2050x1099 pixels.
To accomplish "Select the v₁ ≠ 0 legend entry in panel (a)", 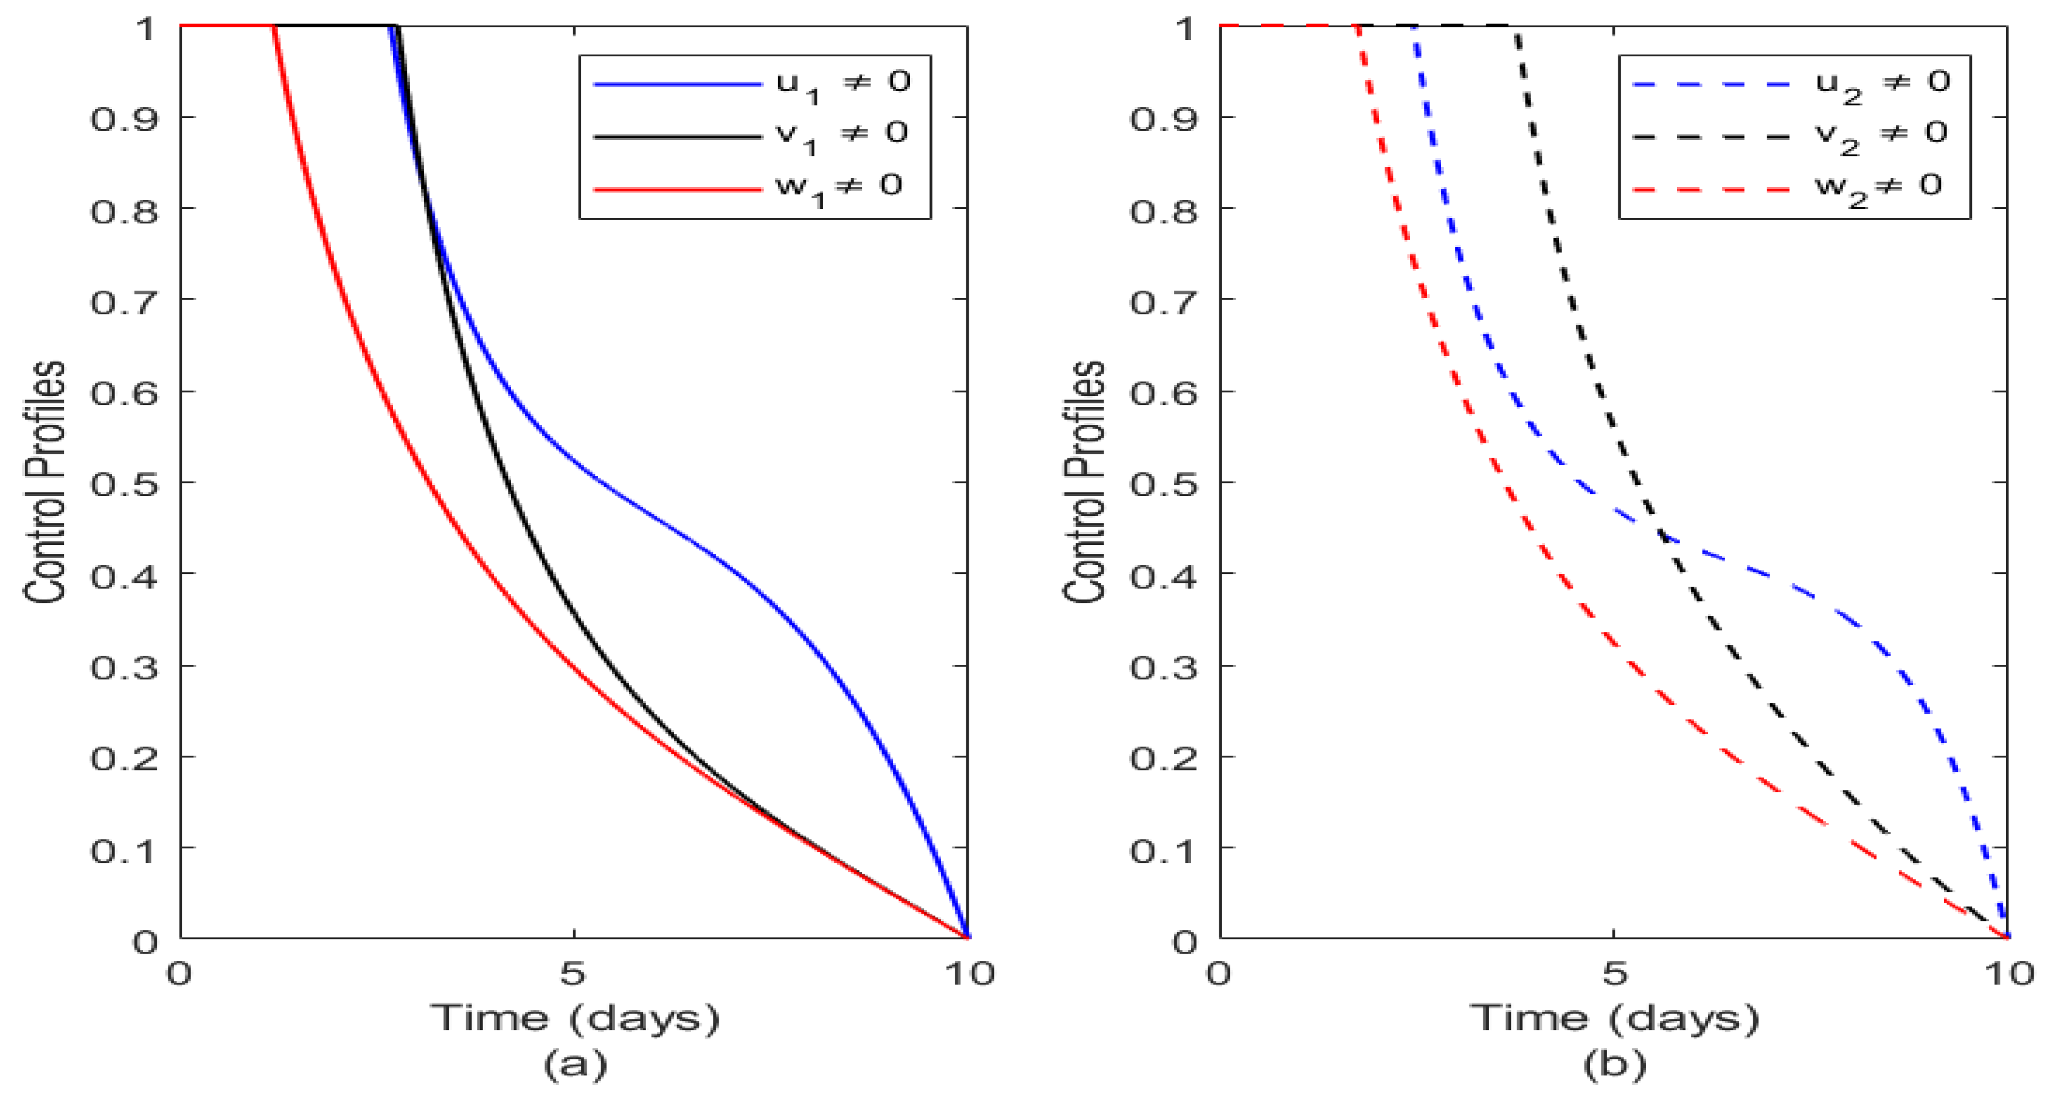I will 842,135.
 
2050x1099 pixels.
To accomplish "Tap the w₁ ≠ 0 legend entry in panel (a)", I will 837,188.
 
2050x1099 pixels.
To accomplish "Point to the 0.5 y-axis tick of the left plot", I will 124,483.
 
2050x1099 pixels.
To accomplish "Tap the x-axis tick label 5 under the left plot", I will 573,972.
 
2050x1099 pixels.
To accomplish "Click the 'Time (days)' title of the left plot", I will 575,1018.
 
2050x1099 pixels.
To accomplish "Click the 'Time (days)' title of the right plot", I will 1614,1018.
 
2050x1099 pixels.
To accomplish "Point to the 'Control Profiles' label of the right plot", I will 1085,481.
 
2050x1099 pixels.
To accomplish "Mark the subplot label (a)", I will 575,1064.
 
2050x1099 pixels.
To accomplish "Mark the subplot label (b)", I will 1614,1064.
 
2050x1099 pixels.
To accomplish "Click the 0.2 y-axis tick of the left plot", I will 124,757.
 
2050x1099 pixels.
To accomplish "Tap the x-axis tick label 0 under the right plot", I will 1218,972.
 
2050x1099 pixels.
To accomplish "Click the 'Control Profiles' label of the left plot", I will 45,481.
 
